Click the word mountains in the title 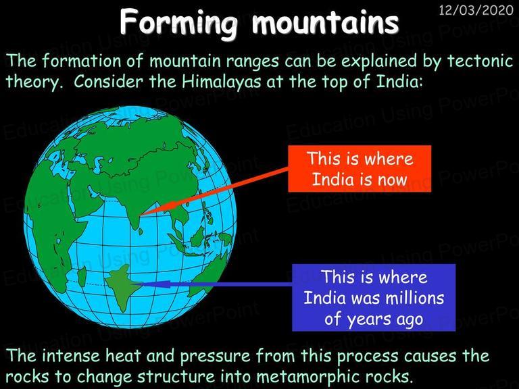[325, 23]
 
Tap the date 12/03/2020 [476, 11]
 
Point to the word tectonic [480, 61]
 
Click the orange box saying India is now [360, 169]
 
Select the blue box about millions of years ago [374, 297]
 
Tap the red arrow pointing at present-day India [214, 192]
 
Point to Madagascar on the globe [81, 276]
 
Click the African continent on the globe [55, 225]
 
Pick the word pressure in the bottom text [216, 357]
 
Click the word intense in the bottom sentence [71, 356]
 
